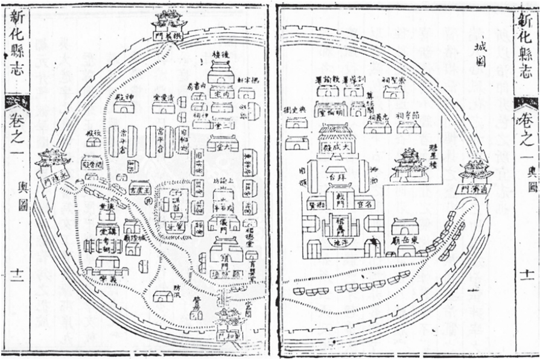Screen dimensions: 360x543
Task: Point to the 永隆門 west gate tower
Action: click(x=48, y=163)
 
